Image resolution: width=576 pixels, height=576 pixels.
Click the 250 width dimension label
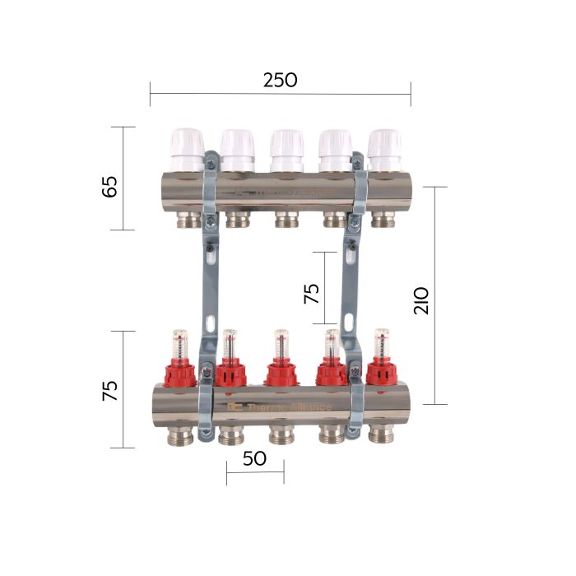tap(280, 80)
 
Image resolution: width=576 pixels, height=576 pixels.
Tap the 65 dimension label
tap(109, 186)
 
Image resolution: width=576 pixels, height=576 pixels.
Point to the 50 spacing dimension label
tap(254, 458)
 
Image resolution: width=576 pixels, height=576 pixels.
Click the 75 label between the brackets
tap(313, 295)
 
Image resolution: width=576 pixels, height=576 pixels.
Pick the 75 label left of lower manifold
tap(109, 390)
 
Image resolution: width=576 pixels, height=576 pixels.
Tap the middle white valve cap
tap(286, 149)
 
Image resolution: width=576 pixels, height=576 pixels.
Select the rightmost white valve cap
tap(384, 149)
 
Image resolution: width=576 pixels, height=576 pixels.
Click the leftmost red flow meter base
tap(180, 373)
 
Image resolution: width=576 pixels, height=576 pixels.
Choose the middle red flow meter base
tap(281, 373)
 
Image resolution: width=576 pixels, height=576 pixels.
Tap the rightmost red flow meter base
tap(383, 373)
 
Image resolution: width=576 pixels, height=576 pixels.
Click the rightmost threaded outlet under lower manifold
tap(382, 435)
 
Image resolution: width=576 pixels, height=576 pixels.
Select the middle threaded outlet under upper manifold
tap(286, 218)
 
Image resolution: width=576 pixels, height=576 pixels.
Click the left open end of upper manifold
tap(159, 191)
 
